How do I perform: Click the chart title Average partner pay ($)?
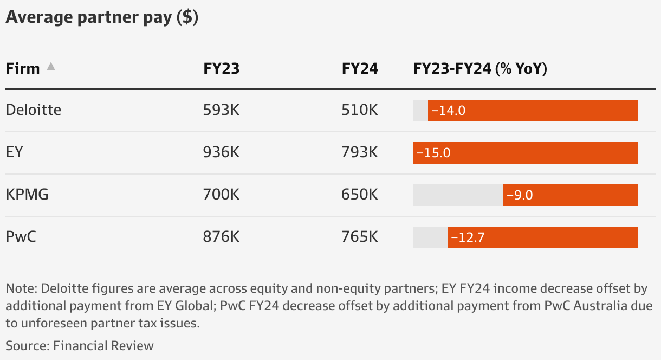tap(102, 17)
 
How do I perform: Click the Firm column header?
tap(23, 69)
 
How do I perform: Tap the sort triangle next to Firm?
tap(50, 67)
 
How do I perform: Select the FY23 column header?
tap(221, 69)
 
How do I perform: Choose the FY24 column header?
tap(360, 69)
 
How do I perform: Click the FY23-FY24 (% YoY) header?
tap(480, 69)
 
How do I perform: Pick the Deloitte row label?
tap(34, 110)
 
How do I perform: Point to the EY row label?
tap(15, 152)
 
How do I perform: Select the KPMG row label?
tap(27, 195)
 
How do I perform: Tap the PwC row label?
tap(21, 237)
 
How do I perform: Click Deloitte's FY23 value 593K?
tap(221, 110)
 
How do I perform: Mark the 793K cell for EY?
tap(360, 152)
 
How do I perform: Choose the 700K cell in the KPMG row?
tap(221, 195)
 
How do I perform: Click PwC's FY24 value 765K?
tap(360, 237)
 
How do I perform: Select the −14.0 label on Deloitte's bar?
tap(448, 111)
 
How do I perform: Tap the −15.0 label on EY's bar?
tap(433, 153)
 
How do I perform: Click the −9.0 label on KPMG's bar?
tap(520, 195)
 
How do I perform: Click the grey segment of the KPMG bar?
tap(457, 195)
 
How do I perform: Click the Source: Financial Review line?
tap(80, 346)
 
